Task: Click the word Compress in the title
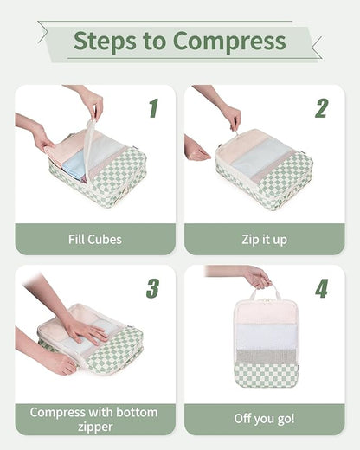[x=229, y=41]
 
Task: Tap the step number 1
[x=153, y=108]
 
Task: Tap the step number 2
[x=321, y=108]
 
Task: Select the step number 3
[x=152, y=288]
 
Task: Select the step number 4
[x=321, y=288]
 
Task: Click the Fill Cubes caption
[x=95, y=239]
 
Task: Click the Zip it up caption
[x=264, y=239]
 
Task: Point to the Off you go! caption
[x=264, y=419]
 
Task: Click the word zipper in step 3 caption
[x=95, y=427]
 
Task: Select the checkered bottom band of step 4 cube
[x=266, y=374]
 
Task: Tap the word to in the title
[x=157, y=41]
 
